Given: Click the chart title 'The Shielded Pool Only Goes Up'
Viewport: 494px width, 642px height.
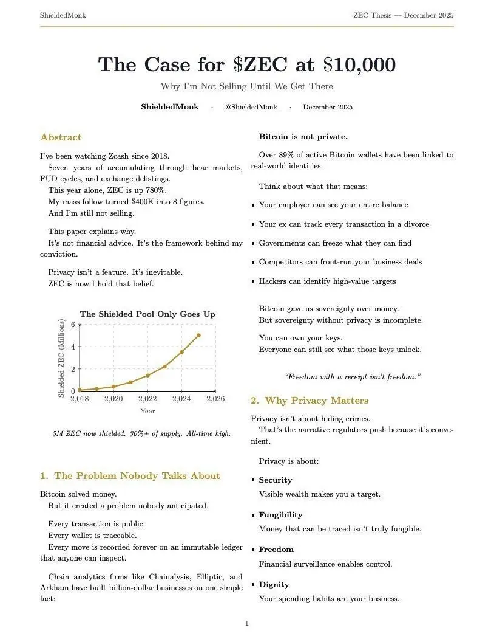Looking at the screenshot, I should pyautogui.click(x=147, y=314).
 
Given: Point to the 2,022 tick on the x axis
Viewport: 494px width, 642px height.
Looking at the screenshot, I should pyautogui.click(x=147, y=399).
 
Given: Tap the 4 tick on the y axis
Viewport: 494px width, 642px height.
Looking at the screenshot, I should pyautogui.click(x=72, y=347).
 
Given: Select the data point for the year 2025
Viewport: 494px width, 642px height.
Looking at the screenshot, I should pyautogui.click(x=198, y=336).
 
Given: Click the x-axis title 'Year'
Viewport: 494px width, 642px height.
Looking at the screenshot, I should pyautogui.click(x=147, y=411).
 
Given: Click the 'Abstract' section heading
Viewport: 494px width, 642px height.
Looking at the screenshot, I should pyautogui.click(x=61, y=137).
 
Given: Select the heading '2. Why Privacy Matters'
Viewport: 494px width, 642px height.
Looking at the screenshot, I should pyautogui.click(x=310, y=401).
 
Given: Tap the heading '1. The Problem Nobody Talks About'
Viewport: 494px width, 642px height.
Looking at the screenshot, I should pyautogui.click(x=130, y=476).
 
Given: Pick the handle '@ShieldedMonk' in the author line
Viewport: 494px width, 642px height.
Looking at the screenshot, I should pyautogui.click(x=251, y=107).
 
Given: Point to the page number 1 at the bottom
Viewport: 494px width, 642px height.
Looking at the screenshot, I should pyautogui.click(x=247, y=623).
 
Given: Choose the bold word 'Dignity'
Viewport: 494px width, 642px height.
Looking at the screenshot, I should pyautogui.click(x=274, y=585).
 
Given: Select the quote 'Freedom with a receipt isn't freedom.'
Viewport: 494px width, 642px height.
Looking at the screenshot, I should pyautogui.click(x=353, y=377).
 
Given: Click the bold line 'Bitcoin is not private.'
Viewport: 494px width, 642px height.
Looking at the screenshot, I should pyautogui.click(x=303, y=137).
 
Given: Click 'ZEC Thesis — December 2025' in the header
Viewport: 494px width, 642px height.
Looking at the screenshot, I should pyautogui.click(x=403, y=15).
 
